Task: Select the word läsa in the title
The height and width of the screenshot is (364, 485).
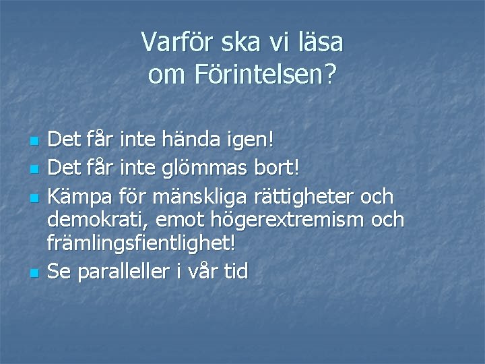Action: tap(320, 43)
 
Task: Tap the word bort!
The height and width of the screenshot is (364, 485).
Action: tap(280, 163)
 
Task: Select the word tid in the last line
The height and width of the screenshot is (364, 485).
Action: tap(236, 271)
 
